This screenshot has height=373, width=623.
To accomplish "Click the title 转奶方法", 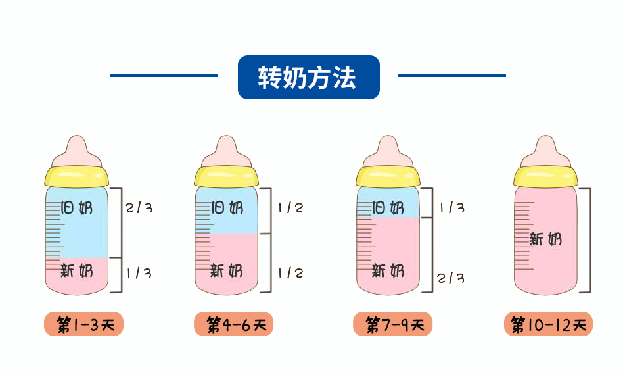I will tap(308, 78).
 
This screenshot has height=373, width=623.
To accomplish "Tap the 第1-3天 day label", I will tap(83, 324).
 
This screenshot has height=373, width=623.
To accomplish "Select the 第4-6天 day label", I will tap(233, 324).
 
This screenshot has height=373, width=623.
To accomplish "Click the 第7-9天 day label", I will tap(392, 324).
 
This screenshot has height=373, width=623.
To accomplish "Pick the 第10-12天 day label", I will tap(548, 324).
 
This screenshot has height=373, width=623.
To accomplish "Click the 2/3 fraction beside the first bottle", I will tap(139, 208).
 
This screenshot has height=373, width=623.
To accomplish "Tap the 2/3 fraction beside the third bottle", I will tap(451, 278).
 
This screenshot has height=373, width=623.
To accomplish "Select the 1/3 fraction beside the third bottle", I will tap(451, 208).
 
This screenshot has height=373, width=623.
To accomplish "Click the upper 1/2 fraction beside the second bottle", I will tap(290, 208).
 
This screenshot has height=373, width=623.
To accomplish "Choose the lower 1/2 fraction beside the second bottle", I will tap(290, 272).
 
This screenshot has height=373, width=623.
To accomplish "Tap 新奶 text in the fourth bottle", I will tap(546, 239).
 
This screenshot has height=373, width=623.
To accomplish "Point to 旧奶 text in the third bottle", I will tap(388, 209).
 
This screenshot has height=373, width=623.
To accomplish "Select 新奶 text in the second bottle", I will tap(226, 270).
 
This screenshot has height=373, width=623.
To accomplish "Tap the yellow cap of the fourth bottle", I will tap(546, 176).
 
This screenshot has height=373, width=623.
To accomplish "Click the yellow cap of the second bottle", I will tap(226, 176).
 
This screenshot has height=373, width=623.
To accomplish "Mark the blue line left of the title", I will tap(164, 75).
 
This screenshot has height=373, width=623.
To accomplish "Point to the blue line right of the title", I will tap(452, 75).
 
